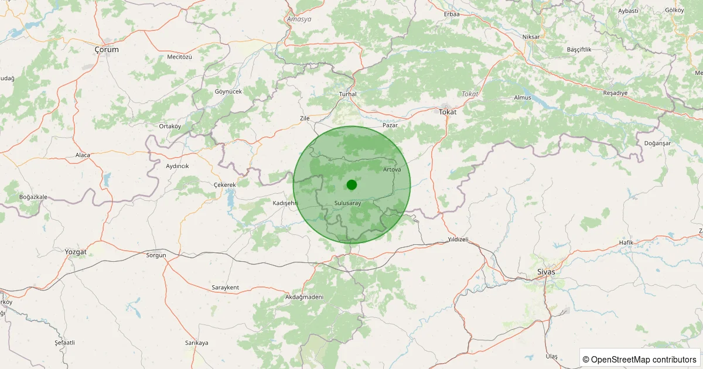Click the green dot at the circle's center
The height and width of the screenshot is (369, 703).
pos(351,185)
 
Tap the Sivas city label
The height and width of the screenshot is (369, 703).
pos(546,272)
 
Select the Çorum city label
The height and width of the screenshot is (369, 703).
pos(107,50)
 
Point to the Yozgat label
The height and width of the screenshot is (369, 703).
pos(76,252)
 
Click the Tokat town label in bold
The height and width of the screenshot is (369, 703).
pos(448,111)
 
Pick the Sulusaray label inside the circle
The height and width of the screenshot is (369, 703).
pos(347,203)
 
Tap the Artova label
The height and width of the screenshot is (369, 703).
pos(392,169)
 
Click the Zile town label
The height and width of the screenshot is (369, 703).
pos(305,118)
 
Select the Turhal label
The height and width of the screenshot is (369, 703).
pos(348,94)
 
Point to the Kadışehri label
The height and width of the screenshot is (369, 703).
pos(286,203)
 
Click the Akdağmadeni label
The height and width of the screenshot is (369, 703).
pos(305,297)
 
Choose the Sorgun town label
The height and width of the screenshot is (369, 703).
pos(156,255)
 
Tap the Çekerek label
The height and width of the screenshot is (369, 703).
pos(224,185)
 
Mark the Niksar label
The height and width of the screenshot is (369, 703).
pos(531,37)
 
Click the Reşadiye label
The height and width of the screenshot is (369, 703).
pos(615,93)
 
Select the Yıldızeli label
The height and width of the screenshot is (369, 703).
pos(458,240)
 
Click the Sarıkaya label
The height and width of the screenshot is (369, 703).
pos(197,343)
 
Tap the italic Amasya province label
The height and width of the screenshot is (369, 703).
pos(299,19)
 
